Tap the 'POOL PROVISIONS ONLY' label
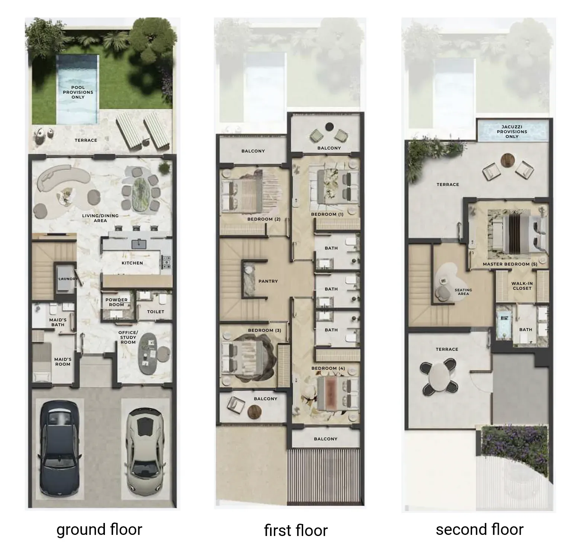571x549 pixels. coord(78,92)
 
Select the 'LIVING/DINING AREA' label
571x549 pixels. coord(100,218)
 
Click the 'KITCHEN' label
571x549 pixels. coord(132,263)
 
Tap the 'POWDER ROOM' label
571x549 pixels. coord(116,302)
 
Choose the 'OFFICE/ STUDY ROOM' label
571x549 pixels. coord(128,337)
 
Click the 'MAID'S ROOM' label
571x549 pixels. coord(63,362)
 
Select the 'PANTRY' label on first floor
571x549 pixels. coord(268,281)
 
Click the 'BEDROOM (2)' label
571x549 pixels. coord(264,219)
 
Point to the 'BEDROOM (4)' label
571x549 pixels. coord(328,368)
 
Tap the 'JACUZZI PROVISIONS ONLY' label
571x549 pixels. coord(512,132)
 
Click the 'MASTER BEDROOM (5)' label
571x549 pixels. coord(510,264)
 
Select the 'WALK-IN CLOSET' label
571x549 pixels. coord(522,286)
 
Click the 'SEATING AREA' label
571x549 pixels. coord(463,292)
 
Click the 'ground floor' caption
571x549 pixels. coord(99,529)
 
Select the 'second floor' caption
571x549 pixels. coord(479,529)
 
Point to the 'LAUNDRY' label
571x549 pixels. coord(68,279)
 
